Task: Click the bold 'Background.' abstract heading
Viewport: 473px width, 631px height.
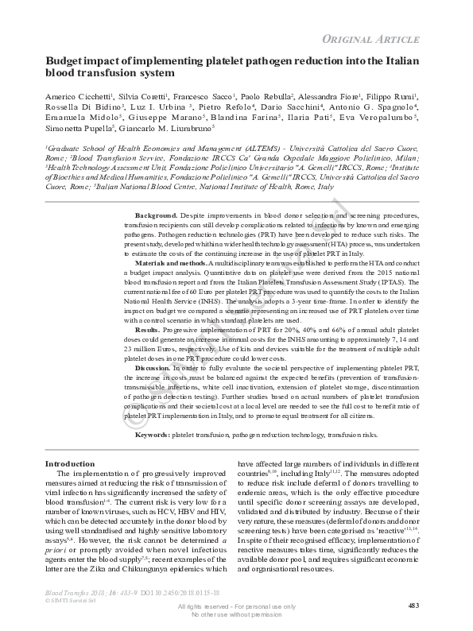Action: pyautogui.click(x=156, y=215)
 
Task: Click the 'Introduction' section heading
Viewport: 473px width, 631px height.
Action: pyautogui.click(x=69, y=463)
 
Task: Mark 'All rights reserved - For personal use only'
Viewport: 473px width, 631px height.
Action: pyautogui.click(x=236, y=607)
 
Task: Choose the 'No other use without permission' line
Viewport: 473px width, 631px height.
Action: pyautogui.click(x=236, y=614)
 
